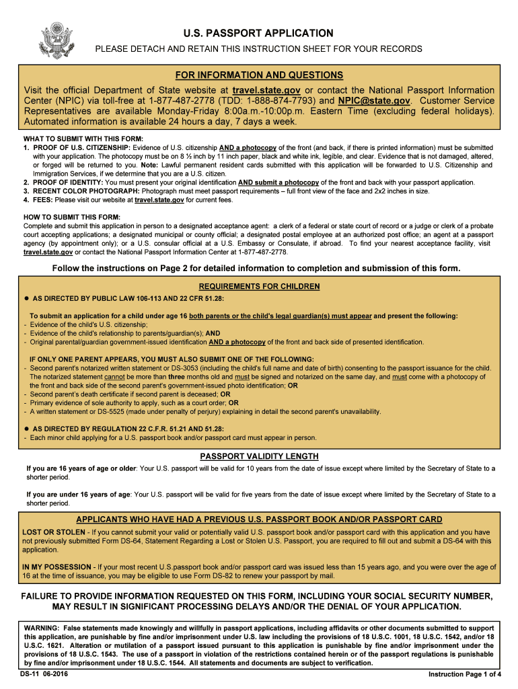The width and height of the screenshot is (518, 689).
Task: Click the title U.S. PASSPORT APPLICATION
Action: click(x=258, y=33)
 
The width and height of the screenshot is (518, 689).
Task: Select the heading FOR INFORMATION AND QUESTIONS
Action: click(x=259, y=75)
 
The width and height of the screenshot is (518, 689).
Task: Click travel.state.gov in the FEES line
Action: click(x=159, y=200)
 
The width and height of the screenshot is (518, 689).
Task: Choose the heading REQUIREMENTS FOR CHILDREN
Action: click(x=259, y=287)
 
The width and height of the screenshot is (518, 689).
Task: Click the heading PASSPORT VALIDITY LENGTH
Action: click(x=259, y=456)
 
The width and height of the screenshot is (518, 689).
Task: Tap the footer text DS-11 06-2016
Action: click(x=44, y=674)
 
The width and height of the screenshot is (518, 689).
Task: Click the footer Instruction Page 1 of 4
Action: click(x=465, y=674)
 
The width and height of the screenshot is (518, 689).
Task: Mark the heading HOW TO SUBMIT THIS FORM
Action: click(x=72, y=217)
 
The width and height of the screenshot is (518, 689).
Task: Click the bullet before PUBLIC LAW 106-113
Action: click(x=27, y=297)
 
